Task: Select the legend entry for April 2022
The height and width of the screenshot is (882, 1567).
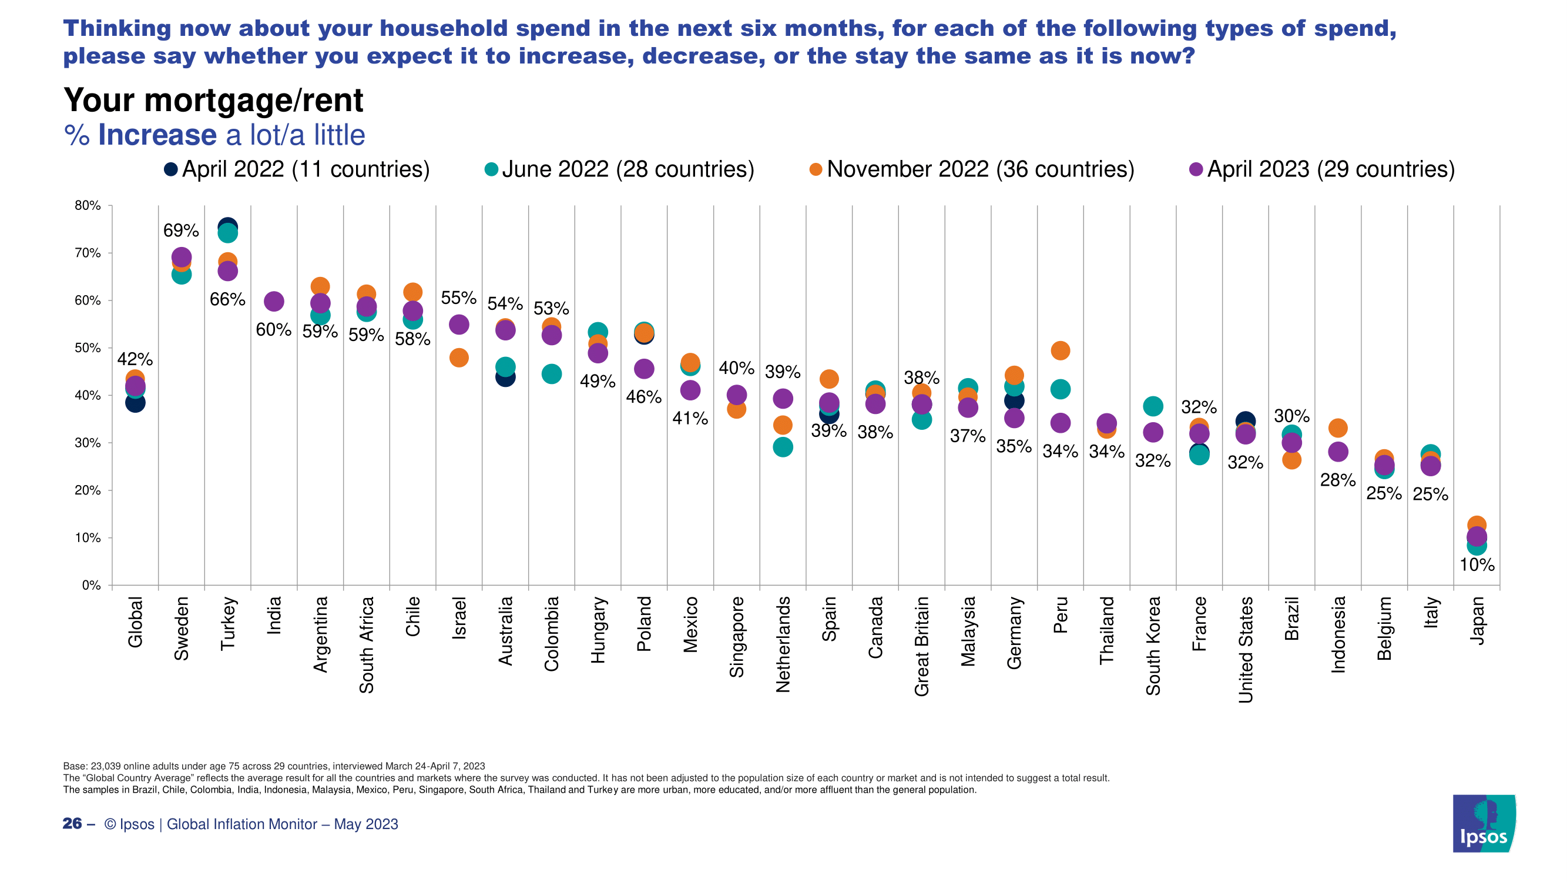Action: pyautogui.click(x=296, y=169)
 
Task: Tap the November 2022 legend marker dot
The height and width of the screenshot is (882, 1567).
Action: pyautogui.click(x=816, y=170)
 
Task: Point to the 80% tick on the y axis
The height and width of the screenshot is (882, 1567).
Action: pyautogui.click(x=88, y=206)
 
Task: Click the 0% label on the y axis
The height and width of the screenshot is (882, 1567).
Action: pyautogui.click(x=90, y=585)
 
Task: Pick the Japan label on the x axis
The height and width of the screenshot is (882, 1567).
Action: pyautogui.click(x=1477, y=620)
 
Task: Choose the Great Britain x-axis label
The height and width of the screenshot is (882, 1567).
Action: pyautogui.click(x=922, y=646)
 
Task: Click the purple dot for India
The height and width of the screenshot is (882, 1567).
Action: pyautogui.click(x=274, y=300)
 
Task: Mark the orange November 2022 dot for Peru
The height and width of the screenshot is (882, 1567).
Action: pyautogui.click(x=1061, y=350)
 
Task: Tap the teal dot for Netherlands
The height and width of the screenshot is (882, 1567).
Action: pyautogui.click(x=783, y=447)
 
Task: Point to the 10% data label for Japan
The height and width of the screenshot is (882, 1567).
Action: pyautogui.click(x=1477, y=565)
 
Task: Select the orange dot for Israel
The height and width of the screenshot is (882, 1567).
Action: pyautogui.click(x=459, y=358)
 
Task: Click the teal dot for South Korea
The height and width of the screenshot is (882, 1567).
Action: pyautogui.click(x=1153, y=406)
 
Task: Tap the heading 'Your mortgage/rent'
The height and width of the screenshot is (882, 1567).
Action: pyautogui.click(x=213, y=101)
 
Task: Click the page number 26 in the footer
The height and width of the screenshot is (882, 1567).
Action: pyautogui.click(x=72, y=824)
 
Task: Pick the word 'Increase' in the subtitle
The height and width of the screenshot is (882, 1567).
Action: pyautogui.click(x=157, y=135)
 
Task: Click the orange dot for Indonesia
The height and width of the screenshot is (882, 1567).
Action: pyautogui.click(x=1338, y=428)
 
